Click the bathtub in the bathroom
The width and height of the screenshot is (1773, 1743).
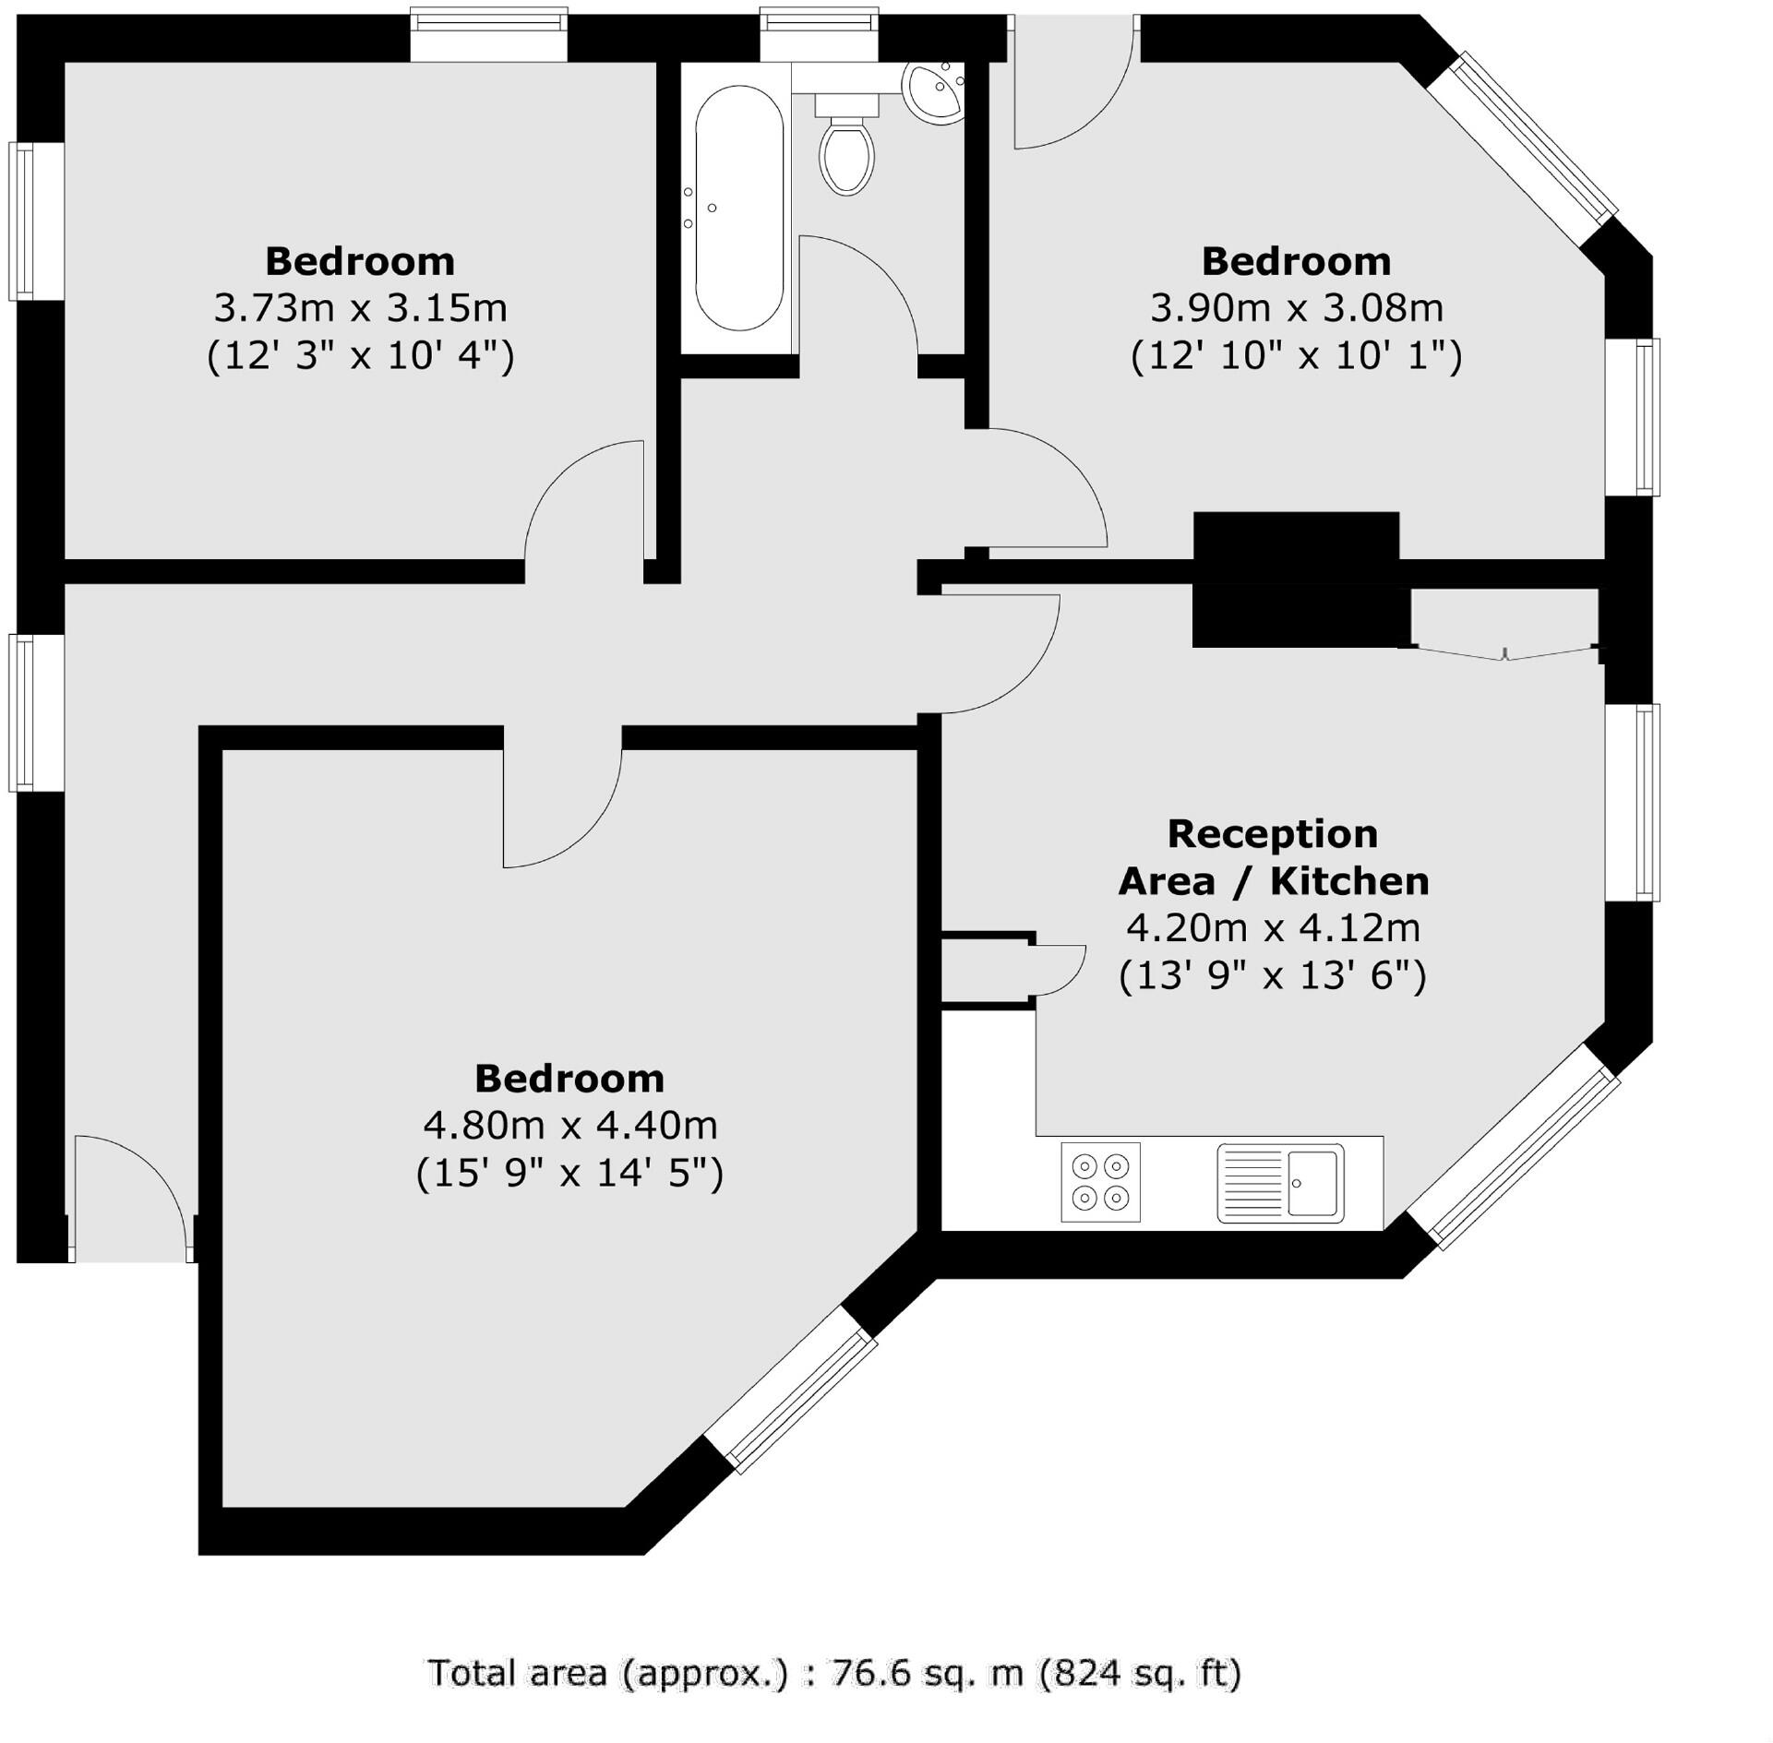click(738, 209)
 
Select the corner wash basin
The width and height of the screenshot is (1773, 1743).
click(935, 92)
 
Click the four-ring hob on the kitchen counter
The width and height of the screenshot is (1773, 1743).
click(1100, 1182)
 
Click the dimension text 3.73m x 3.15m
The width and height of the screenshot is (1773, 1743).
click(360, 308)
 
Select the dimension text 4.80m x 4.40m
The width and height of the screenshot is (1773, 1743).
click(569, 1125)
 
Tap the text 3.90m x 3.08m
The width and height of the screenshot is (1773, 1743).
click(1296, 308)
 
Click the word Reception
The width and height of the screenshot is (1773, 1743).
click(1272, 834)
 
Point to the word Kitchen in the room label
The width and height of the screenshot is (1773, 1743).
click(1349, 882)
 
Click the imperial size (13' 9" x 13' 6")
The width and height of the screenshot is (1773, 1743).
click(1272, 975)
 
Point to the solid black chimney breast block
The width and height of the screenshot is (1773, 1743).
click(1296, 579)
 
